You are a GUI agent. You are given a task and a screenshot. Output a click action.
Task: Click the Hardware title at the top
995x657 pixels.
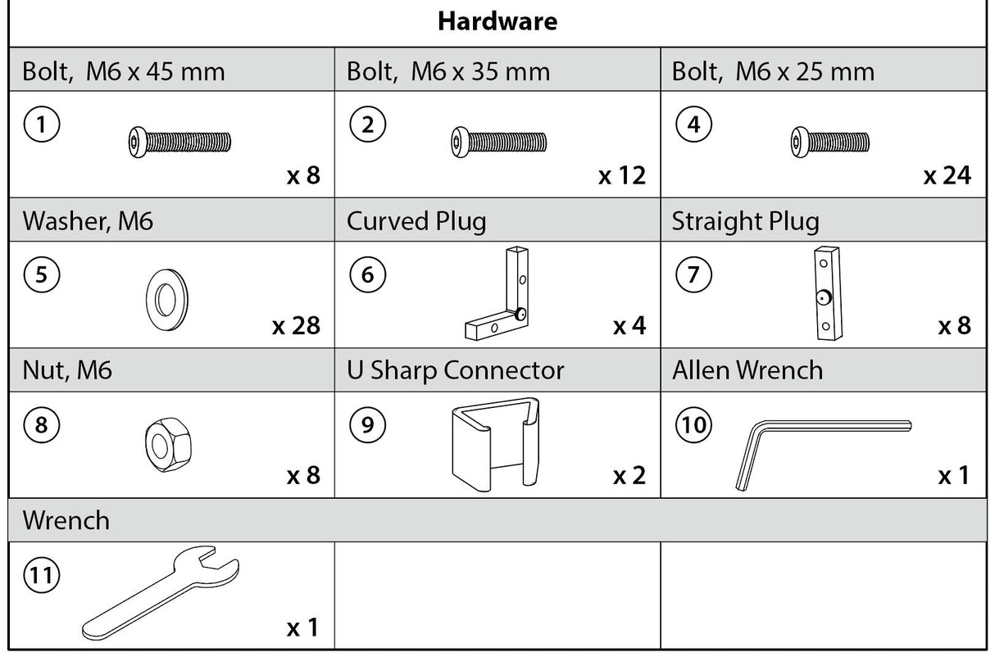point(497,21)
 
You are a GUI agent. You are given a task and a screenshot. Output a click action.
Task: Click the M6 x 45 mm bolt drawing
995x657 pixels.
point(180,143)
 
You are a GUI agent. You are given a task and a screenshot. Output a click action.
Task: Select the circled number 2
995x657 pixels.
point(367,125)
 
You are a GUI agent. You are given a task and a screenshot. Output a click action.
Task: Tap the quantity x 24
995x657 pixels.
point(947,175)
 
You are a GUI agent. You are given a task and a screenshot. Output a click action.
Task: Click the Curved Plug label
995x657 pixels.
point(416,221)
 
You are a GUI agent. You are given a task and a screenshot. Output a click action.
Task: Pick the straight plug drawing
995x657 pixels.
point(823,292)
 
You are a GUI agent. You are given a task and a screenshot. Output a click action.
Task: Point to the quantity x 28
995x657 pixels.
point(295,326)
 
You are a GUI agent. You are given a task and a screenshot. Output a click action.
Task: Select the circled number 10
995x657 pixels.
point(693,424)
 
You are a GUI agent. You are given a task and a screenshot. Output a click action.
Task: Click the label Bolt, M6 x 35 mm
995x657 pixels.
point(448,71)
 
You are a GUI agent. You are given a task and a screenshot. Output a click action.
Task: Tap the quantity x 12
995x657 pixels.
point(621,175)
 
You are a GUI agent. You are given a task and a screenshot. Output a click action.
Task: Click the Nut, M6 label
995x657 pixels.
point(67,370)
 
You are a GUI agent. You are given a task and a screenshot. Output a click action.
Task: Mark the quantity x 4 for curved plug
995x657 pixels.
point(629,326)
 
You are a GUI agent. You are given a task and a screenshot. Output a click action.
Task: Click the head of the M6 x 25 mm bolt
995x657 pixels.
point(798,142)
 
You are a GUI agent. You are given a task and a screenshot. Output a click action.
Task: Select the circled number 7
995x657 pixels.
point(693,274)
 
